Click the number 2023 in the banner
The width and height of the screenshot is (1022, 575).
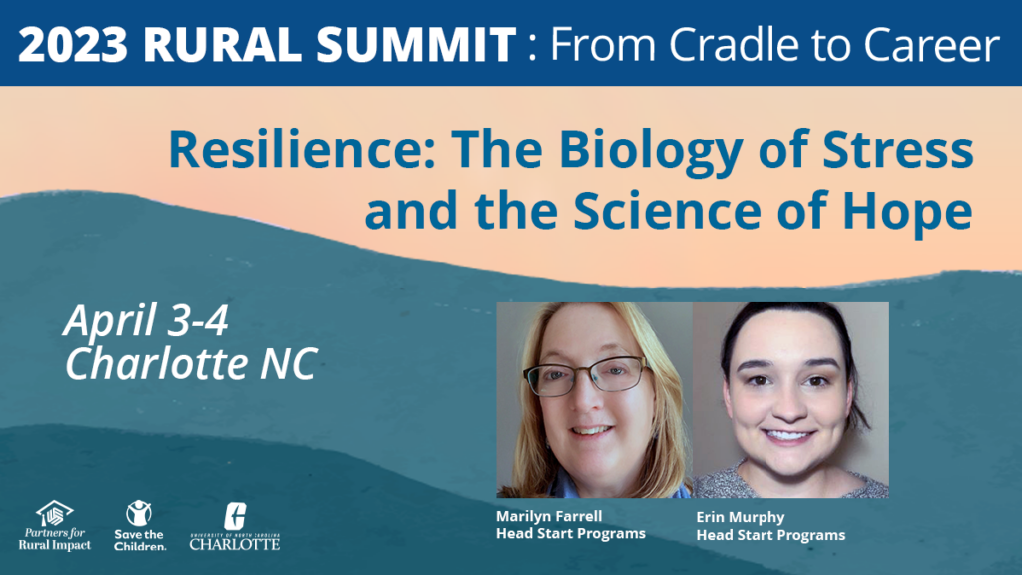click(x=73, y=44)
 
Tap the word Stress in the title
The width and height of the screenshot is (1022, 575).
click(x=898, y=150)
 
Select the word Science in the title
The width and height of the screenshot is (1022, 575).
click(x=667, y=210)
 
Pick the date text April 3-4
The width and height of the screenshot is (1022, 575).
click(x=146, y=320)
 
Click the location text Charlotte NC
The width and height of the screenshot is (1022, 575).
click(x=191, y=363)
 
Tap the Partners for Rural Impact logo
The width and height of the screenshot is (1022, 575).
click(x=55, y=526)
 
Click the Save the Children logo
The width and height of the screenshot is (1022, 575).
click(x=140, y=526)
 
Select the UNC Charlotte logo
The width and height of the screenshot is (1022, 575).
click(x=235, y=526)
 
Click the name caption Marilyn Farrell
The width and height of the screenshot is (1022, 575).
click(x=549, y=516)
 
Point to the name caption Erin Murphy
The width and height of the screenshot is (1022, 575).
click(x=741, y=518)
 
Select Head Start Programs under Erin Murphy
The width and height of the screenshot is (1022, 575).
click(x=770, y=535)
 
